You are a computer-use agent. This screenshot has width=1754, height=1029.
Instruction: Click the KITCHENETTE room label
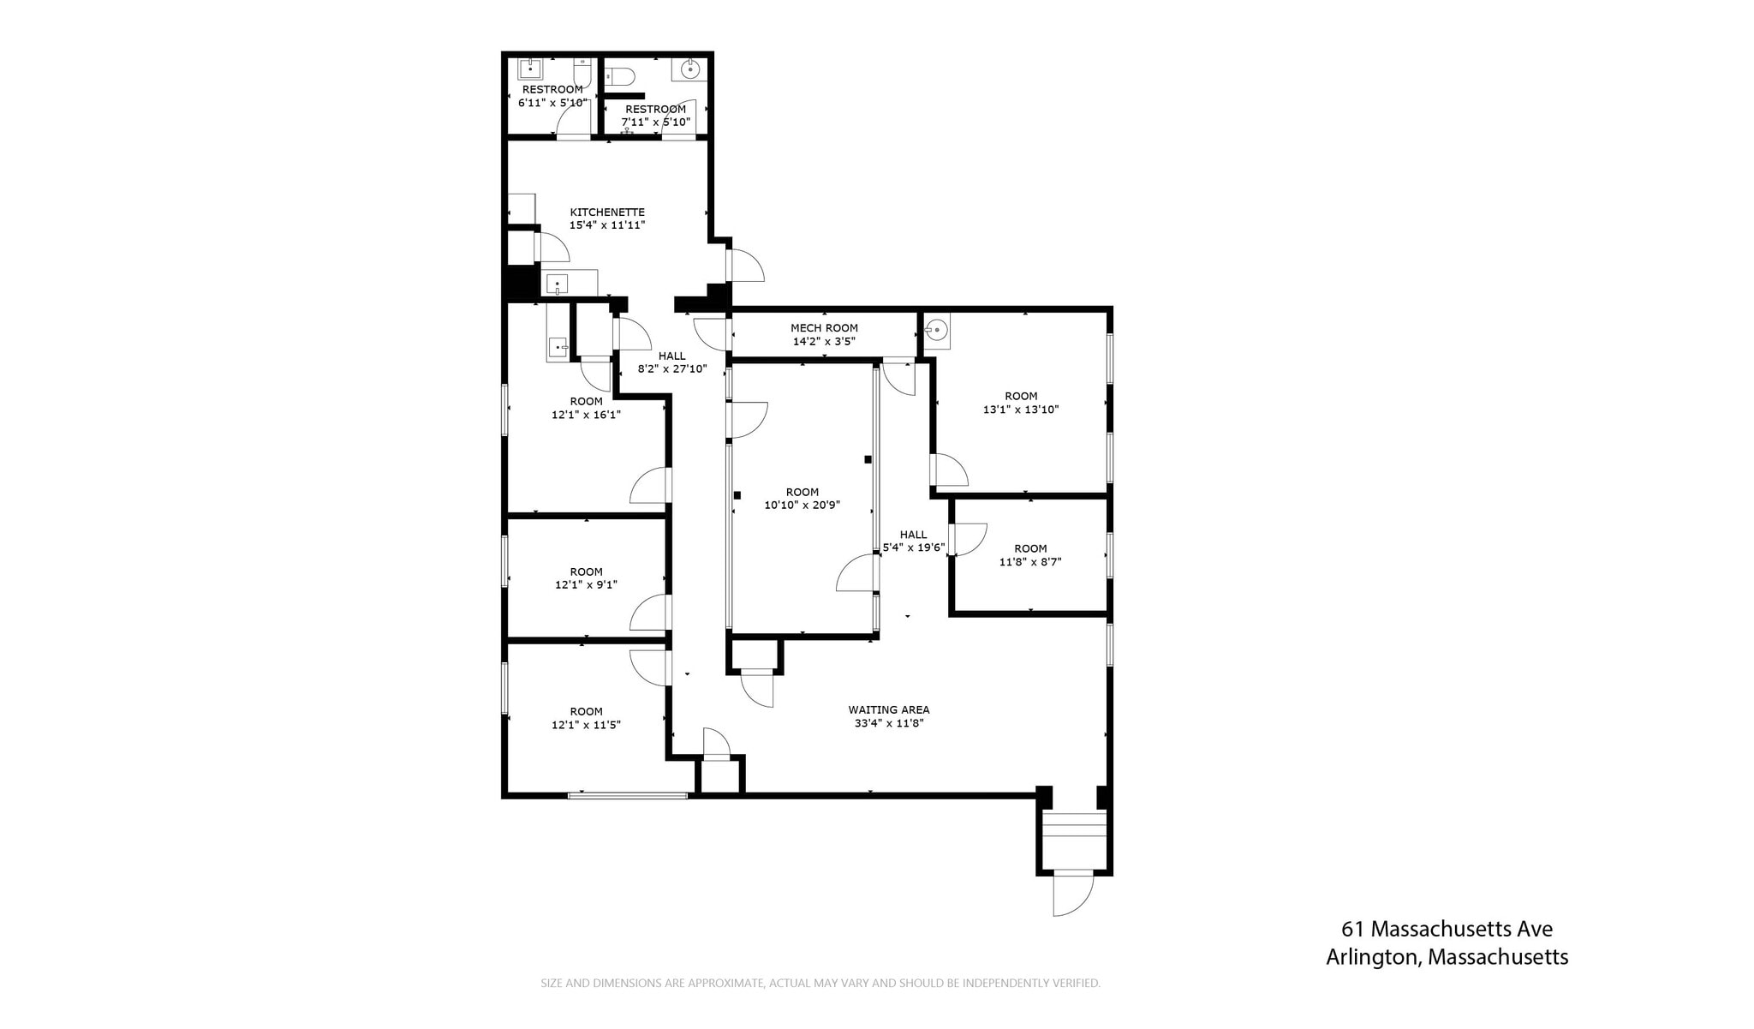(x=607, y=212)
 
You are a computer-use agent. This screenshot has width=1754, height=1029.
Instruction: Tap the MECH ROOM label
(x=824, y=328)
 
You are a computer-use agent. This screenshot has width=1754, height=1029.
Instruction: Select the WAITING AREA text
(x=888, y=709)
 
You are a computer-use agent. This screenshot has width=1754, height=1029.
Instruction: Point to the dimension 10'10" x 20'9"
(x=802, y=506)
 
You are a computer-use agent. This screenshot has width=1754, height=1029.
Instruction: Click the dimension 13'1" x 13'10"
(x=1020, y=410)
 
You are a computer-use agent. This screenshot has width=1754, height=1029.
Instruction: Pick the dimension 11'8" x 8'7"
(x=1030, y=562)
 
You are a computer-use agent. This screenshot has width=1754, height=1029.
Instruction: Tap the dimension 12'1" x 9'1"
(x=586, y=585)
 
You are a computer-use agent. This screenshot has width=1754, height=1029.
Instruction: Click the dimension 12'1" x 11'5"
(x=586, y=725)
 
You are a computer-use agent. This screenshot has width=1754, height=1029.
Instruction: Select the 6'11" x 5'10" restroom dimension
(x=552, y=103)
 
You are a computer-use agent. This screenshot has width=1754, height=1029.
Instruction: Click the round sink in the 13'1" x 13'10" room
(x=938, y=329)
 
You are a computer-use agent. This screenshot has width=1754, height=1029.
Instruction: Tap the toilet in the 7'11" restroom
(x=620, y=76)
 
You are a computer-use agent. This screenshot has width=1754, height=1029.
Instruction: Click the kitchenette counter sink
(x=557, y=284)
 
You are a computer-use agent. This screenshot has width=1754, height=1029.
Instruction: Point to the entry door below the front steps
(x=1073, y=893)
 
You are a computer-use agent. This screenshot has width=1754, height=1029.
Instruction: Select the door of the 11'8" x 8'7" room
(x=968, y=540)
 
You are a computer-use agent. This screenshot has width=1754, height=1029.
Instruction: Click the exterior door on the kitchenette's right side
(x=744, y=265)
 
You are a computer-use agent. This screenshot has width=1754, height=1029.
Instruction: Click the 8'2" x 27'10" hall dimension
(x=672, y=369)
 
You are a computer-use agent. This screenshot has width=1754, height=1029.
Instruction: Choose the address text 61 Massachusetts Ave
(x=1447, y=929)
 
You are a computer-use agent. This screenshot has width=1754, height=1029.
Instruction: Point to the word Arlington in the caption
(x=1372, y=957)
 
